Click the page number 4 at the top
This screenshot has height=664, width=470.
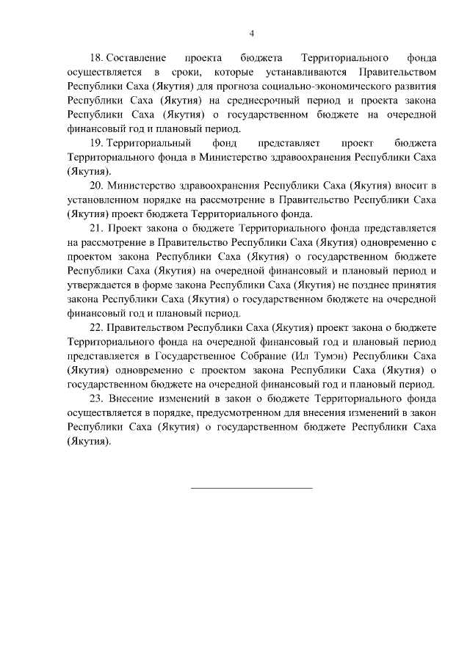tap(251, 33)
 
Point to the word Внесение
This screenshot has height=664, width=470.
tap(132, 398)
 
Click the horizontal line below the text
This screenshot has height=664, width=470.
tap(251, 487)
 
